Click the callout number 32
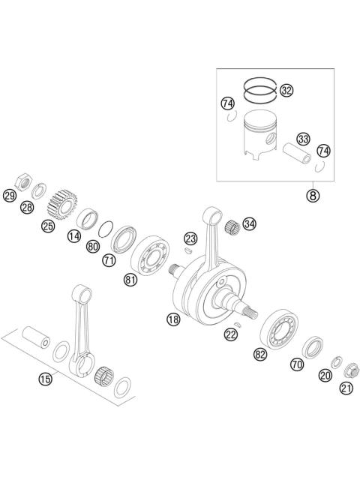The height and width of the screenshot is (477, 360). click(x=286, y=91)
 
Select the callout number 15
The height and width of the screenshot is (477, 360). click(x=46, y=378)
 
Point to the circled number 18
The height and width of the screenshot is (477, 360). click(x=173, y=319)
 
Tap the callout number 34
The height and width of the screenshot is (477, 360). click(x=249, y=223)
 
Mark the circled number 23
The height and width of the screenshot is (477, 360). click(x=191, y=238)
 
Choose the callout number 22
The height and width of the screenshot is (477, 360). click(x=232, y=334)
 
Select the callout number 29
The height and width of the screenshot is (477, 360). click(x=9, y=196)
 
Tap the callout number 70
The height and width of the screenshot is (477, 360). click(x=298, y=364)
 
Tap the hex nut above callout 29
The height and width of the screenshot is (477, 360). click(x=23, y=180)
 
